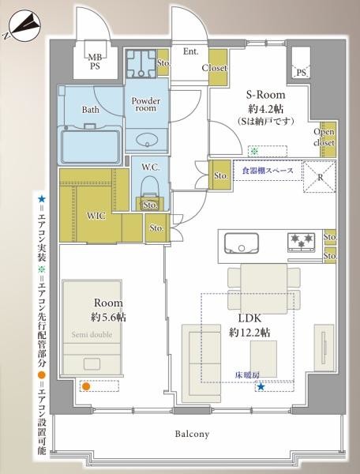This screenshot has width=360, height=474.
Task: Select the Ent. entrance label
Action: pyautogui.click(x=190, y=52)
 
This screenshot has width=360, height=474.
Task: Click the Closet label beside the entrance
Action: pyautogui.click(x=214, y=68)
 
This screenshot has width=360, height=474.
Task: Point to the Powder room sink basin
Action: pyautogui.click(x=146, y=141)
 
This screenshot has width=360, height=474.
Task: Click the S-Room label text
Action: pyautogui.click(x=261, y=93)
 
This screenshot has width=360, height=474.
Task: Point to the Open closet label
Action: pyautogui.click(x=324, y=137)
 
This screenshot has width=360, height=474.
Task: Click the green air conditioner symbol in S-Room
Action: pyautogui.click(x=253, y=149)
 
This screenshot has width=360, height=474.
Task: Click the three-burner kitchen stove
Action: pyautogui.click(x=302, y=240)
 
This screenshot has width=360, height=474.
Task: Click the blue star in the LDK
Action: pyautogui.click(x=261, y=386)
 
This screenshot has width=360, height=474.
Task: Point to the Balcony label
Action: pyautogui.click(x=192, y=434)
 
